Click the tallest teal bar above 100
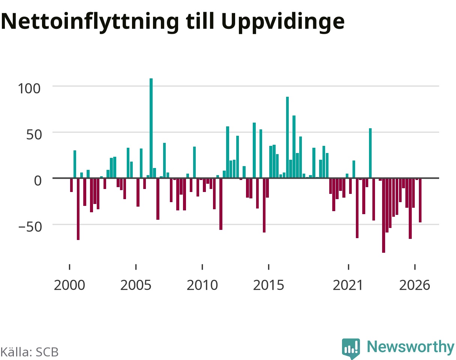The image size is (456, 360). (x=151, y=128)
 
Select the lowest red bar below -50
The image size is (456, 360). (x=384, y=216)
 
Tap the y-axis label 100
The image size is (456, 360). (x=29, y=88)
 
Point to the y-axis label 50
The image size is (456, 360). (x=34, y=135)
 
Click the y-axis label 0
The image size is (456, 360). (x=38, y=181)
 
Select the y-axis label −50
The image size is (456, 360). (x=30, y=227)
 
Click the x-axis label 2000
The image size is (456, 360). (x=69, y=285)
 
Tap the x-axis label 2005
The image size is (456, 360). (x=136, y=285)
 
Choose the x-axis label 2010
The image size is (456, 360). (x=202, y=285)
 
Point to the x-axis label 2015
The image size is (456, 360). (x=268, y=285)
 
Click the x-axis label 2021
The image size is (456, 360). (x=348, y=285)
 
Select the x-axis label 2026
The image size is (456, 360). (x=415, y=285)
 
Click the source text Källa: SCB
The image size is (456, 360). (x=29, y=352)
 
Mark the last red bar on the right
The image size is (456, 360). (x=420, y=201)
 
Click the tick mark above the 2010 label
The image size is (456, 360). (x=202, y=267)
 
